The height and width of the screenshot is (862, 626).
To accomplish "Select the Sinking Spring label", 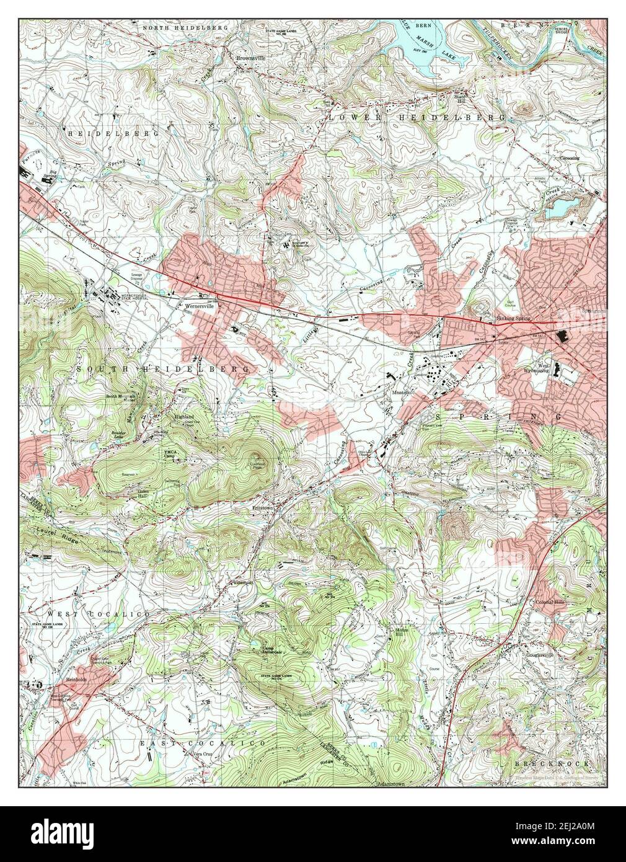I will coord(514,319).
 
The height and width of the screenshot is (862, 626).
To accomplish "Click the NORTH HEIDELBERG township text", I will coord(185,28).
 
